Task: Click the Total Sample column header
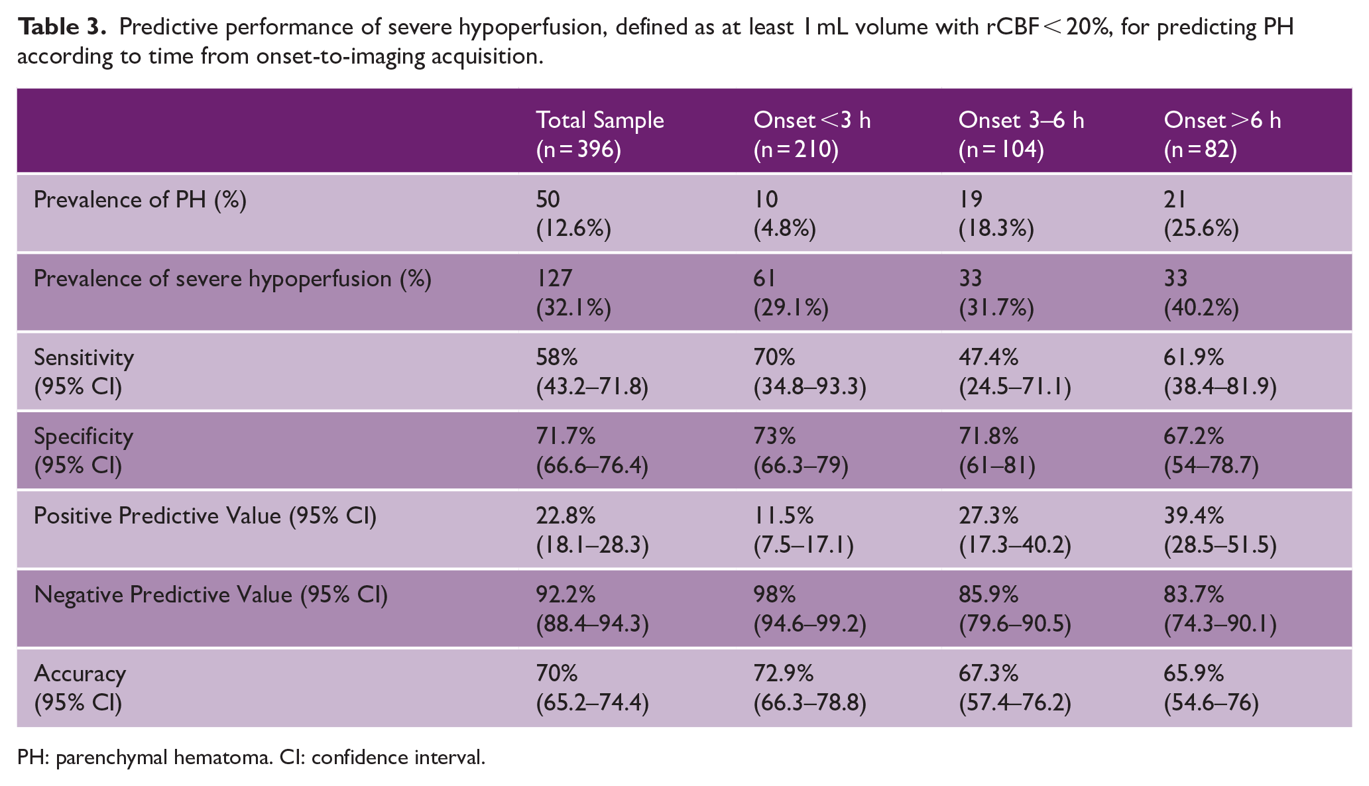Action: point(599,135)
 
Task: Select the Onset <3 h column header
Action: point(812,135)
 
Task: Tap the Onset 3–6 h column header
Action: point(1021,135)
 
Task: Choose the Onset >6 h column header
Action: point(1222,135)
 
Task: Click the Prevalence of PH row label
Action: point(140,199)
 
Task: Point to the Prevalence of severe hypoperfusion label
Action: point(233,279)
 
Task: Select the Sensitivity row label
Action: point(84,371)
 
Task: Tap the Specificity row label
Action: point(84,450)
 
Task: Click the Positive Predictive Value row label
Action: point(205,516)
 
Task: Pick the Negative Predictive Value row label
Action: point(211,594)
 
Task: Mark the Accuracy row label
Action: point(80,687)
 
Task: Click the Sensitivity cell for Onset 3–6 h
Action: point(1014,371)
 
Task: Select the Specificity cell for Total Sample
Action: point(592,450)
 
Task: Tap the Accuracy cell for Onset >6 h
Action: point(1211,687)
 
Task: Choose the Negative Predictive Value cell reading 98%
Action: point(810,608)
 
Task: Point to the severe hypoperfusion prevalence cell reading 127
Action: point(573,292)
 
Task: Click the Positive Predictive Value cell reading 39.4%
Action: point(1220,530)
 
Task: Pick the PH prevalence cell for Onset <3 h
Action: point(785,213)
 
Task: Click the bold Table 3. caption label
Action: point(62,27)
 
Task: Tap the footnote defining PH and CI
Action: point(251,757)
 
